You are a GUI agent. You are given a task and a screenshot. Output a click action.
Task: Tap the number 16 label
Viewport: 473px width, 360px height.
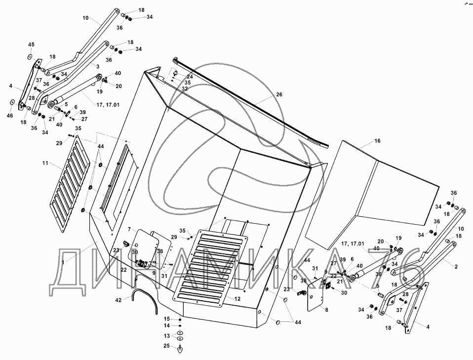(378, 141)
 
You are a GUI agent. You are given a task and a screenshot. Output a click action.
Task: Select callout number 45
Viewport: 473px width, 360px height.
(31, 45)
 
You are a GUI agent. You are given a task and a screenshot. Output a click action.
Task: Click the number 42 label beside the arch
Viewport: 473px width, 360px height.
(118, 300)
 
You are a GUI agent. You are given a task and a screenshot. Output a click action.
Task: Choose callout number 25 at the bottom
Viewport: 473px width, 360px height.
(166, 346)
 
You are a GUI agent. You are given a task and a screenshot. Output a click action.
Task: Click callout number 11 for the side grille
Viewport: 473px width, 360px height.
(45, 162)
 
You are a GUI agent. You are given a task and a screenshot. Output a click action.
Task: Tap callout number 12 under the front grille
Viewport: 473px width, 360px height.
(237, 298)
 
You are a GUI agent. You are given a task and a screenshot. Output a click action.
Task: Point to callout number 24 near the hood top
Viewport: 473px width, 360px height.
(190, 77)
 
